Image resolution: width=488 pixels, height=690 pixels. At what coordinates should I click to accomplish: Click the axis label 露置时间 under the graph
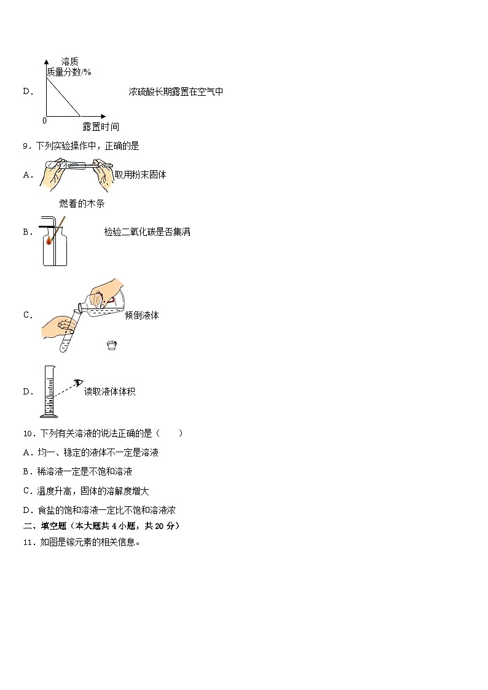(x=101, y=127)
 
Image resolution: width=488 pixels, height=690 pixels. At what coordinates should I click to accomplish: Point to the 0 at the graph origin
(x=44, y=120)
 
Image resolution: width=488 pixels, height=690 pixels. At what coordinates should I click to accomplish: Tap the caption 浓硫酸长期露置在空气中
(x=176, y=92)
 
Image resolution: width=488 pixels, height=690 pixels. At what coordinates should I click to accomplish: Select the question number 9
(x=25, y=146)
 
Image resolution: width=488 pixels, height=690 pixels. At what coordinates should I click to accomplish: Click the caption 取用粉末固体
(x=140, y=174)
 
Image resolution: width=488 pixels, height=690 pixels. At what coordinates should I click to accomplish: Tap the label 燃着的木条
(x=77, y=204)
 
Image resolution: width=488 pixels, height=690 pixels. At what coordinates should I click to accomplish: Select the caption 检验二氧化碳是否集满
(x=147, y=232)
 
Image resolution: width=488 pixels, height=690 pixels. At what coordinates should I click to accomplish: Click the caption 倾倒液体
(x=141, y=315)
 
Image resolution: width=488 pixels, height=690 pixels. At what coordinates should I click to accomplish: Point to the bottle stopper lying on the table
(x=112, y=345)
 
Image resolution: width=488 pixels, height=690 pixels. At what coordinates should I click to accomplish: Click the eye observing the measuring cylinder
(x=77, y=383)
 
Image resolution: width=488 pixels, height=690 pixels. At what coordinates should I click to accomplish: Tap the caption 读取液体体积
(x=109, y=391)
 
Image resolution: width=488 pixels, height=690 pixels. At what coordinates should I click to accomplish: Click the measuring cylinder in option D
(x=48, y=391)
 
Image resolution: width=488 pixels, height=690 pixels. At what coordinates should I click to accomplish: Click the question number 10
(x=28, y=433)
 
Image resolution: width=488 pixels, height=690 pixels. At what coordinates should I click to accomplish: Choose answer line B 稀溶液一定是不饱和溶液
(x=77, y=472)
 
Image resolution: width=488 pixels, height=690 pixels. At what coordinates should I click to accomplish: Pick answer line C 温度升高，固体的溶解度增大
(x=86, y=491)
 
